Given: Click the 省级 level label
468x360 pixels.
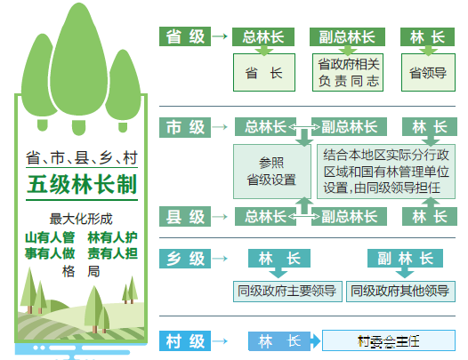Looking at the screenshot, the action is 185,36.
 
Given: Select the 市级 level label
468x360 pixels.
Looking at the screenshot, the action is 185,127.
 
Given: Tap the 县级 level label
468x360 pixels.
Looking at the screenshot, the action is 185,217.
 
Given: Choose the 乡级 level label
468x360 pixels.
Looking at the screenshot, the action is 185,259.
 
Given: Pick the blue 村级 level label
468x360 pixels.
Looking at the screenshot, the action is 185,340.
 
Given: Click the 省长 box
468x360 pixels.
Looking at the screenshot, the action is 264,73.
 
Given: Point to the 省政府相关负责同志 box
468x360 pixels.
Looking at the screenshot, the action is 348,73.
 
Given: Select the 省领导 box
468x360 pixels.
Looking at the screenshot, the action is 428,73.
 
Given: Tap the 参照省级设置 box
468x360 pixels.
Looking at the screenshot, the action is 272,172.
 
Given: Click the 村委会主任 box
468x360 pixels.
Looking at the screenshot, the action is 389,340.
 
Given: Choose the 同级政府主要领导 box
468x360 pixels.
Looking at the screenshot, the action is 287,291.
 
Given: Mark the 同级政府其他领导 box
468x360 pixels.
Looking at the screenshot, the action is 400,291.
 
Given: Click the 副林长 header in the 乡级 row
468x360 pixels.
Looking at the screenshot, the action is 405,259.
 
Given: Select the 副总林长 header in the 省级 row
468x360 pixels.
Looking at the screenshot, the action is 347,37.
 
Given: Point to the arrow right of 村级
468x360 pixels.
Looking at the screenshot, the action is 220,340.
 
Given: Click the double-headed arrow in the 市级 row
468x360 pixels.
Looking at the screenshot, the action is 303,128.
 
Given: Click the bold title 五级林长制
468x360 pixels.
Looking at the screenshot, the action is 82,184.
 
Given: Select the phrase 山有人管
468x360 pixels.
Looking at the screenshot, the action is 50,237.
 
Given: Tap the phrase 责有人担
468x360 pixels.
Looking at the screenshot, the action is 112,253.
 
